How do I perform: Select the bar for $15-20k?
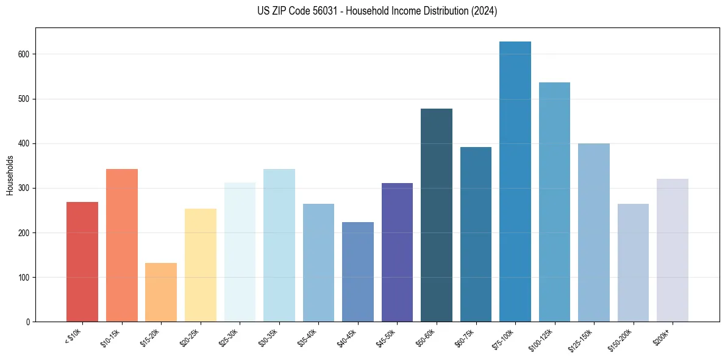point(161,292)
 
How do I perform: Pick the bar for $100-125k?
point(554,202)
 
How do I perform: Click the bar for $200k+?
point(672,250)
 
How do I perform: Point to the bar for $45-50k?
point(397,253)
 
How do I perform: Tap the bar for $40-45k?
point(358,272)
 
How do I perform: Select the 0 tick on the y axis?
point(29,322)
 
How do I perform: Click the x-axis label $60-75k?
point(464,337)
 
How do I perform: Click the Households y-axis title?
point(10,175)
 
